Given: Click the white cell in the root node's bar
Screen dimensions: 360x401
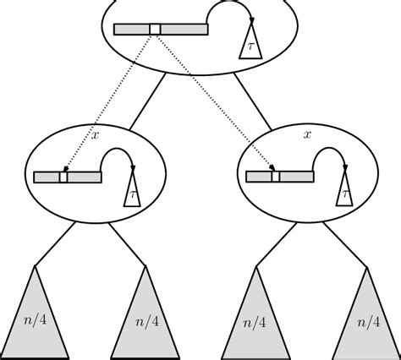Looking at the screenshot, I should [154, 30].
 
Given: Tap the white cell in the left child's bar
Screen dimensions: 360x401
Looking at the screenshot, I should [63, 177].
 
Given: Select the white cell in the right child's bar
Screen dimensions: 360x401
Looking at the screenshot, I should [275, 177].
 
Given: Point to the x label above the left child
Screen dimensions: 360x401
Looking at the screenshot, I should [95, 133].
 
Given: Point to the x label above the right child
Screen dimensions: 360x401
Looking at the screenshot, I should [307, 133].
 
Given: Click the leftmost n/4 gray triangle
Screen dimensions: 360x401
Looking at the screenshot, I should [36, 317].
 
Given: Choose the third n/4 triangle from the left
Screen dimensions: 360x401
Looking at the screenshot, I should [255, 317].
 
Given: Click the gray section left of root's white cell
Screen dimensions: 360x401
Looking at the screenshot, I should [131, 30].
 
